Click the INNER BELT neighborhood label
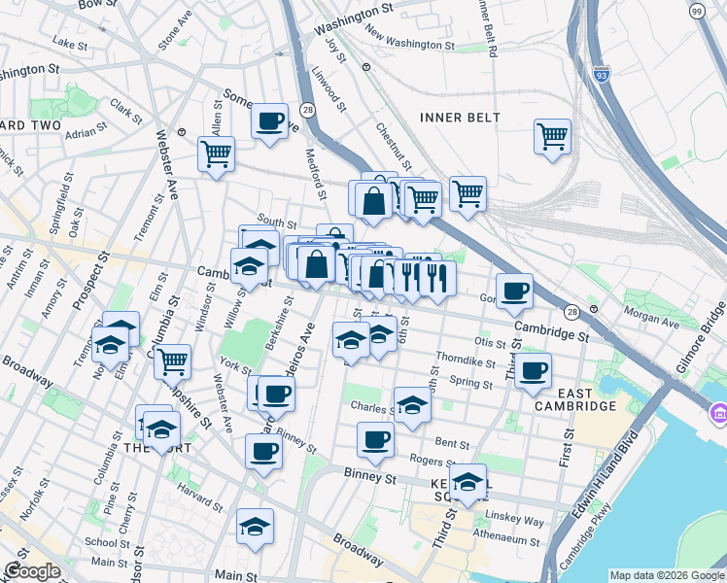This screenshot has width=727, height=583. click(461, 118)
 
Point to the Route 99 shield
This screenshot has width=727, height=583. click(697, 11)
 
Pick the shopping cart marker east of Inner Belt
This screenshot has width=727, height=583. click(552, 136)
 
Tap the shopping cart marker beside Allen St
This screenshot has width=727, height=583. click(216, 153)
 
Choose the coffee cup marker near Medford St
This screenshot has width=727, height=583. click(269, 121)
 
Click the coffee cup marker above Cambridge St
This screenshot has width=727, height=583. click(514, 290)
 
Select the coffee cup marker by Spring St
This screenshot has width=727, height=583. click(533, 370)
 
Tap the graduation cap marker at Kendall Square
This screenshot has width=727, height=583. click(467, 482)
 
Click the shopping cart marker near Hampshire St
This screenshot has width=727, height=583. click(172, 360)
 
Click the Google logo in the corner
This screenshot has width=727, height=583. click(32, 571)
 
